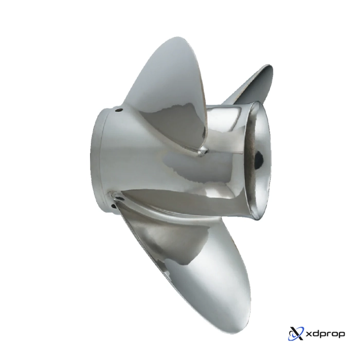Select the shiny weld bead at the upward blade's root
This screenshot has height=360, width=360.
pos(202,150)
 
